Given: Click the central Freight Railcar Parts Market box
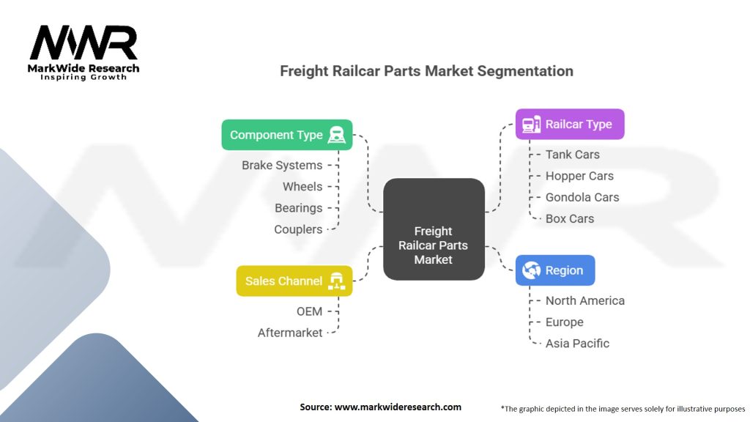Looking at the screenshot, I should (434, 229).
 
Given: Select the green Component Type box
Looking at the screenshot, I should (286, 135).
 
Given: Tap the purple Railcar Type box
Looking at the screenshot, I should (569, 124).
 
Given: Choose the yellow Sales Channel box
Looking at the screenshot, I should (294, 281).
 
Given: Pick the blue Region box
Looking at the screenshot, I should (554, 270).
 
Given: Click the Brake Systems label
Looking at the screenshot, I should (282, 166).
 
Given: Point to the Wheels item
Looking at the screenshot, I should (302, 187).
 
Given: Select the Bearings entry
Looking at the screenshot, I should (298, 208).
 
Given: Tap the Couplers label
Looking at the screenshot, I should (298, 229).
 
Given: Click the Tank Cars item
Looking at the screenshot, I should (572, 155).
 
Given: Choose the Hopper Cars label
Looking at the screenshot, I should (579, 176).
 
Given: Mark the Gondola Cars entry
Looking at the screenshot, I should (582, 197).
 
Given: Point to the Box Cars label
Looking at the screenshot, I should (569, 218).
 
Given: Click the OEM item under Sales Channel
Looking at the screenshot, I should (309, 311).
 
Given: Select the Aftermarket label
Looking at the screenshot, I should (290, 333).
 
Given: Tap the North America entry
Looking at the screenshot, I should (584, 300).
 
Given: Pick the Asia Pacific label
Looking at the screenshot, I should (577, 343).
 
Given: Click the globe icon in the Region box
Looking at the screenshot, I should (531, 270).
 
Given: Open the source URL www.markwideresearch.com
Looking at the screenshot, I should (398, 407).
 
